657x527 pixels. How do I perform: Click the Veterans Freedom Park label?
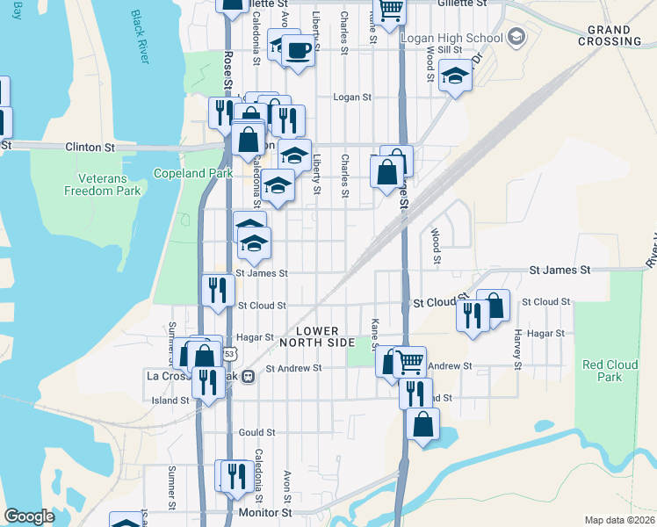coord(103,184)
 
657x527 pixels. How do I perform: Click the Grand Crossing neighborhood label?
coord(617,35)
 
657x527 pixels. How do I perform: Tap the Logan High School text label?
coord(451,38)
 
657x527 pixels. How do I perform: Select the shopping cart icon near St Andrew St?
coord(408,359)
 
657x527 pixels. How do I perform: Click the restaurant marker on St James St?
coord(217,289)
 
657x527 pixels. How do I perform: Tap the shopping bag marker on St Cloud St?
coord(493,305)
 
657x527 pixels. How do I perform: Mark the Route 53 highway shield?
coord(229,353)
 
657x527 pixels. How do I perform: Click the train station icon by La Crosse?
coord(249,376)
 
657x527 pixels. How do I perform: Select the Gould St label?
coord(257,433)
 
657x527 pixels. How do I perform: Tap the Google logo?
coord(30,516)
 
